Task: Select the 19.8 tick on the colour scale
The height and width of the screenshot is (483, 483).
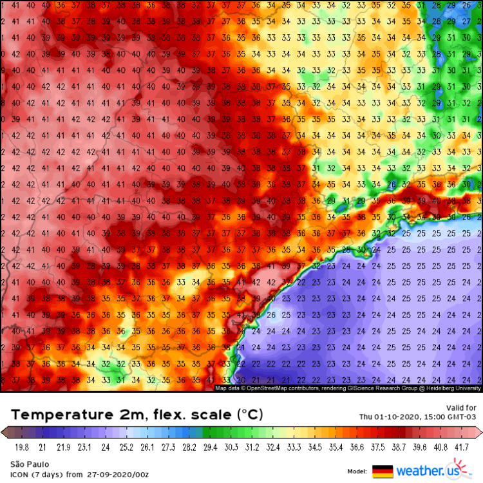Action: (22, 446)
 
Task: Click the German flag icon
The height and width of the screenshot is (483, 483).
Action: (383, 471)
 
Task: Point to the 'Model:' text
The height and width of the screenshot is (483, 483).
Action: (357, 471)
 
